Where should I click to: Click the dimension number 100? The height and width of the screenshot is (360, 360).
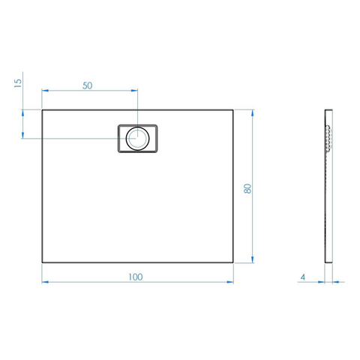136,277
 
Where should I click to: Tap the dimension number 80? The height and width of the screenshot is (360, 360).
247,188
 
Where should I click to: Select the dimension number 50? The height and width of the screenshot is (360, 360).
88,85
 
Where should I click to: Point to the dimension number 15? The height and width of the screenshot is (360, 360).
18,83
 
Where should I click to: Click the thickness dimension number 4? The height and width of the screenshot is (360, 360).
303,277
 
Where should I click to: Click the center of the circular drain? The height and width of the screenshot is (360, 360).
137,138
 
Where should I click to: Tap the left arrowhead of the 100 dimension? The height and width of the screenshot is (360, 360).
45,282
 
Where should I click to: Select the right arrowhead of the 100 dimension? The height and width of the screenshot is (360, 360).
230,282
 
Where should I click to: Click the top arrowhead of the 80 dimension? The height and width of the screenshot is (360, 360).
253,113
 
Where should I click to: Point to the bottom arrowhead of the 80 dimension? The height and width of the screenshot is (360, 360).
253,259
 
